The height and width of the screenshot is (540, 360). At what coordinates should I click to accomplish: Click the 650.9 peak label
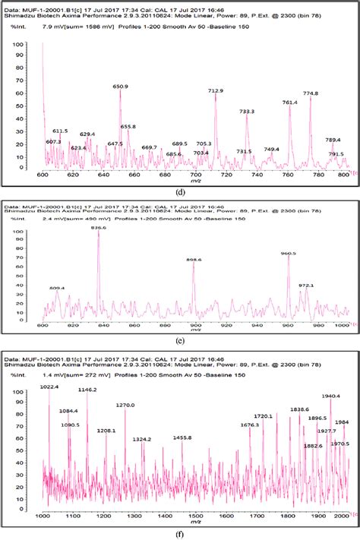point(121,87)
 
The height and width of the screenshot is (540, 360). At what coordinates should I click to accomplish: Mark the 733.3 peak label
point(247,112)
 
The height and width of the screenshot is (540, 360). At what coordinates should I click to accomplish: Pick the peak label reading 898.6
point(194,260)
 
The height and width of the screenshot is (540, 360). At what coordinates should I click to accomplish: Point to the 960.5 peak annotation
point(288,254)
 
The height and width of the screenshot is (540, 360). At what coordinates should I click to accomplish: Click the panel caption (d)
point(180,191)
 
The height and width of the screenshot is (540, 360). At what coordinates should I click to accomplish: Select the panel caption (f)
point(180,533)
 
